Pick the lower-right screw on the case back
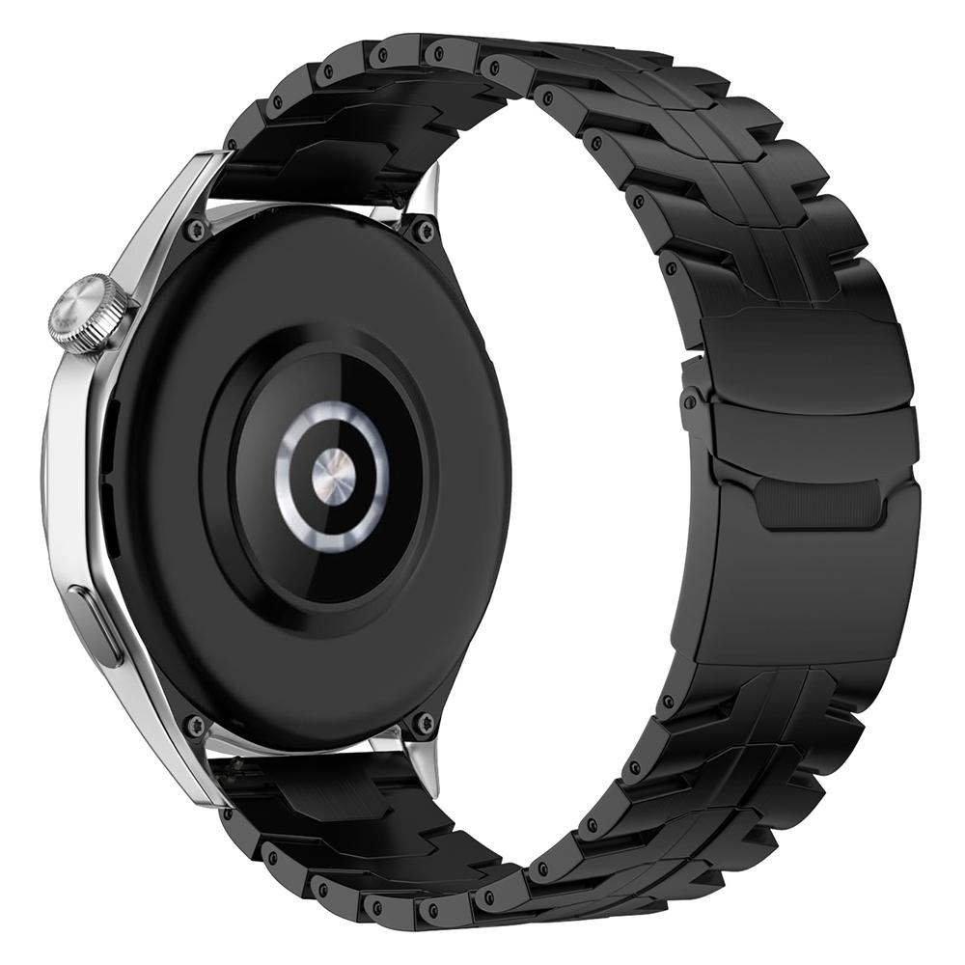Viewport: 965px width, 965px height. point(422,722)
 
